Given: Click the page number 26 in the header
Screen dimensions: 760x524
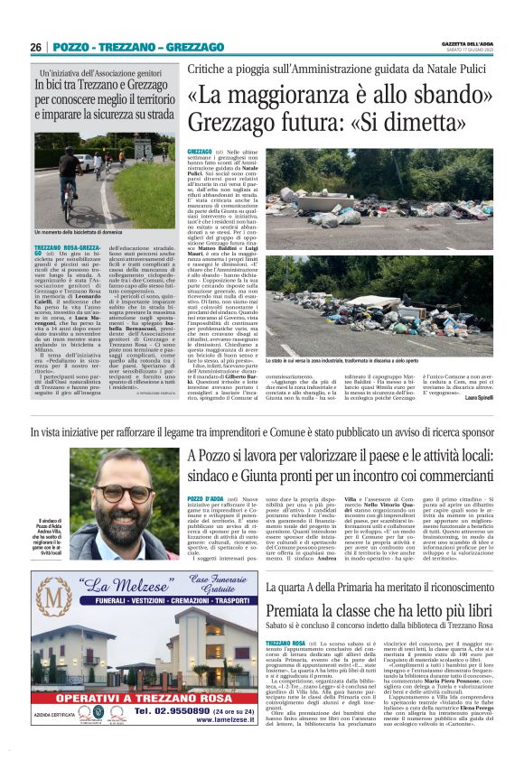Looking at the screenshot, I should click(x=37, y=47).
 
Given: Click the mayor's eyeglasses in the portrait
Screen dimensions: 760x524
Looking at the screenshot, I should click(x=127, y=496).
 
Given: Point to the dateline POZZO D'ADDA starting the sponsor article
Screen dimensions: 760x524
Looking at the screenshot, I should click(x=205, y=499).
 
